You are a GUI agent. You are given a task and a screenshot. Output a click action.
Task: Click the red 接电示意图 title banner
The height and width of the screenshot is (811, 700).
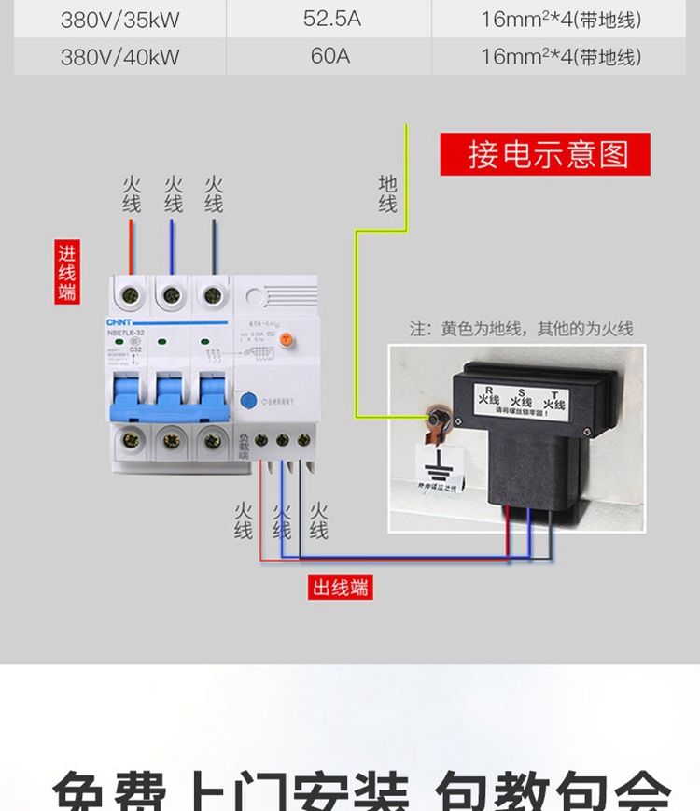[x=545, y=154]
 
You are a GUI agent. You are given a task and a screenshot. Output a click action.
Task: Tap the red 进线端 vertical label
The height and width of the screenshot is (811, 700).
[x=66, y=273]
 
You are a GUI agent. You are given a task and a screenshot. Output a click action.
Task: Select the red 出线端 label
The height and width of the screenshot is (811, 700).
[x=341, y=588]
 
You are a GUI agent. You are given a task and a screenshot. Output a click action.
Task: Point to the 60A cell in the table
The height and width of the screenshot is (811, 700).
[x=329, y=56]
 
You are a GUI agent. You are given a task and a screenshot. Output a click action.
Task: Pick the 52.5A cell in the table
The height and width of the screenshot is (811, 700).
[x=329, y=19]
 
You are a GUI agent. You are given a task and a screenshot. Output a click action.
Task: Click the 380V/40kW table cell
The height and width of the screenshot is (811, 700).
[x=119, y=56]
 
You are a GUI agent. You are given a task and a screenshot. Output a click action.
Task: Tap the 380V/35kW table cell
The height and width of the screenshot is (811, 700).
[x=119, y=19]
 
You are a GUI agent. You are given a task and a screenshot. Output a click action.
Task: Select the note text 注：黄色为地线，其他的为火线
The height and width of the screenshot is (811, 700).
[x=521, y=329]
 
